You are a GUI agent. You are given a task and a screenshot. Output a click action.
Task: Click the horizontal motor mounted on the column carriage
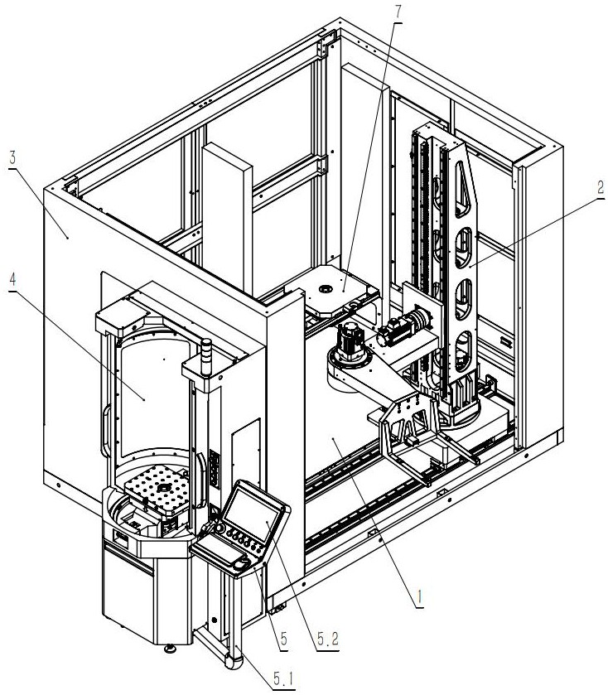(401, 330)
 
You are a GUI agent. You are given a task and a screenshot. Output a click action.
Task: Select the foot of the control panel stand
(231, 661)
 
